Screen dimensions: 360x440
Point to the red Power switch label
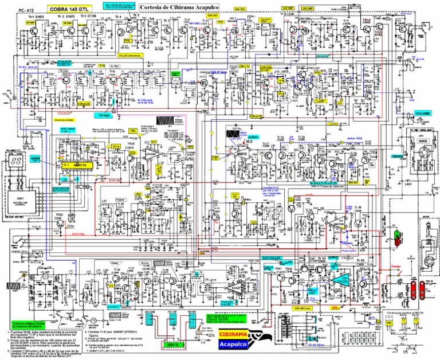coord(396,267)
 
